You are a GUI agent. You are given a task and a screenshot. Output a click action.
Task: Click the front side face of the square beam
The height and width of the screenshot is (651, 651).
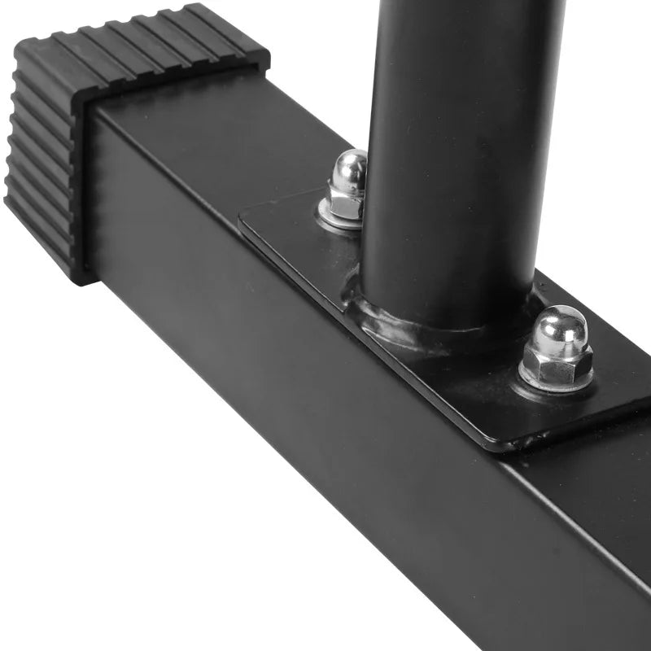(x=285, y=407)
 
